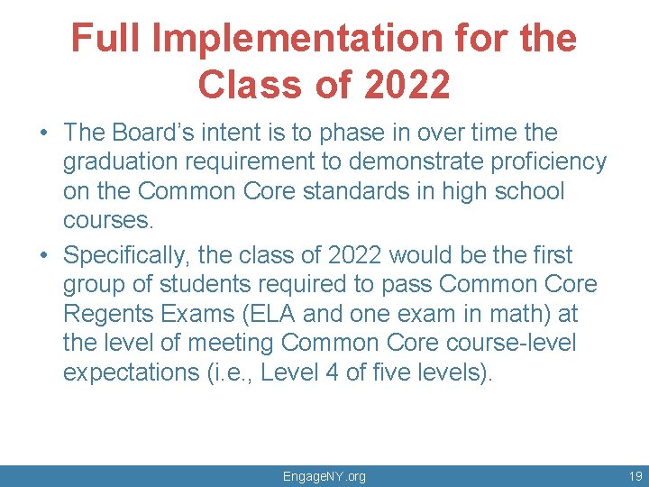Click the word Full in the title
[x=106, y=39]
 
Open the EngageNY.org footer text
[x=324, y=476]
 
